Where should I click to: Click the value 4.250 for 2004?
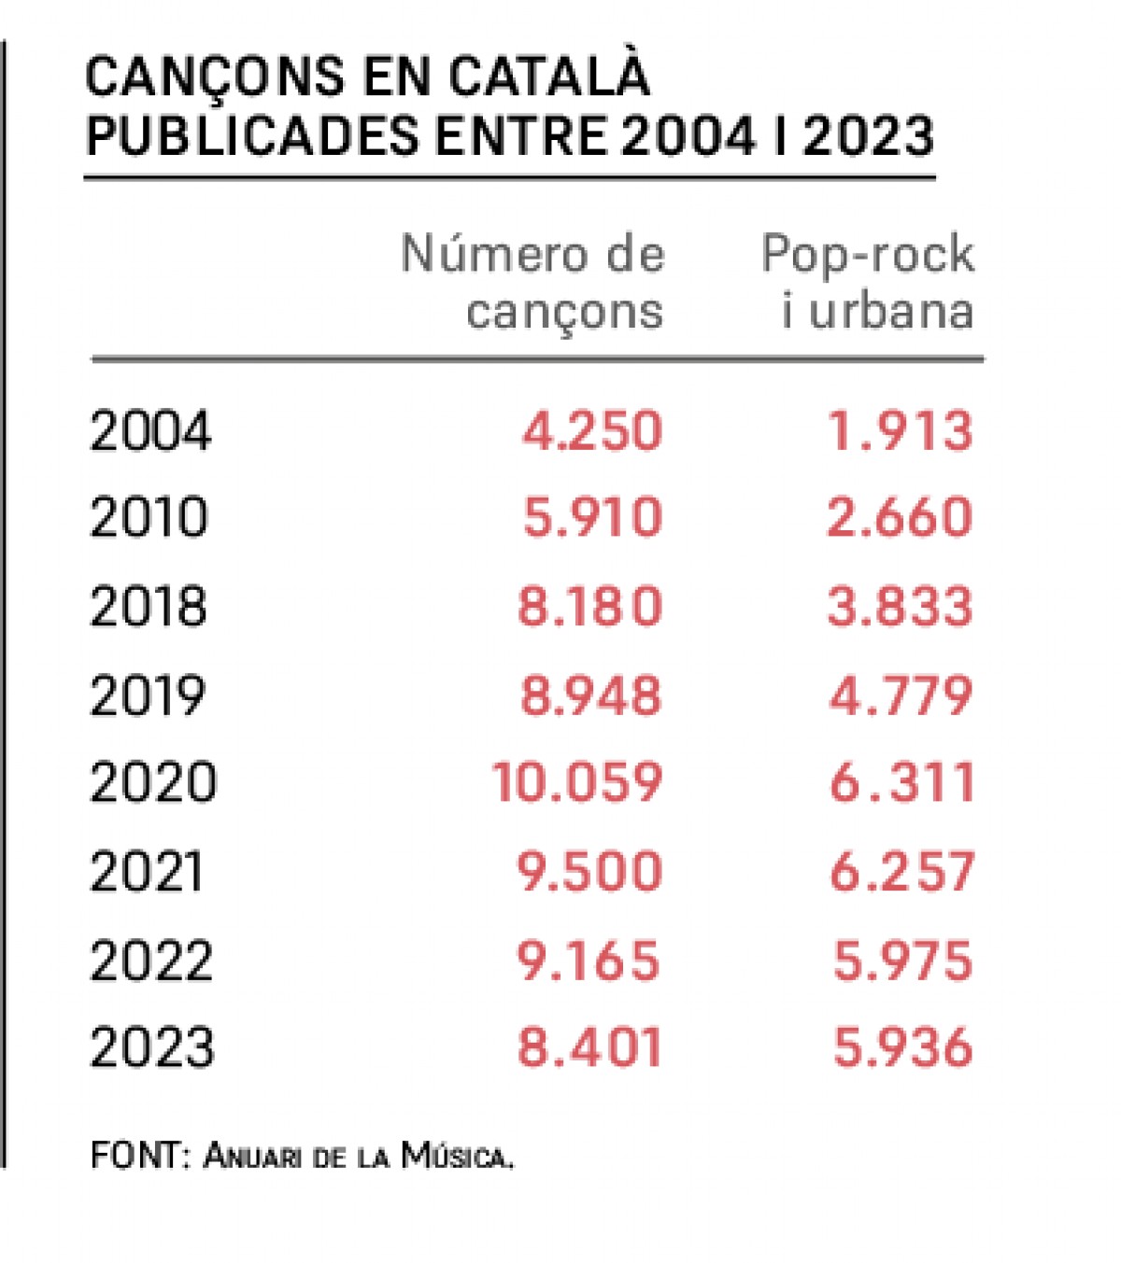591,431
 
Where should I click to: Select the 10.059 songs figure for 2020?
576,782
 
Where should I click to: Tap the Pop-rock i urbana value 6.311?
901,782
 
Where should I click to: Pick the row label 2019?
148,695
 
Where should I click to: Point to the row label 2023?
152,1046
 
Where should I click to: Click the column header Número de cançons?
532,282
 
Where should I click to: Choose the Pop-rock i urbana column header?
868,282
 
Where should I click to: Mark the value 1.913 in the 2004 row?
901,431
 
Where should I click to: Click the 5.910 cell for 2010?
592,517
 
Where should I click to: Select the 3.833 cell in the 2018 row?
900,606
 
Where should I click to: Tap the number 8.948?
590,695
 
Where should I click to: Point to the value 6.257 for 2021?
901,871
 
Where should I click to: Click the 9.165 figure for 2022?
589,961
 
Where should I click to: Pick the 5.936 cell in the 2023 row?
902,1046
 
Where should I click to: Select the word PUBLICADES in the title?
252,136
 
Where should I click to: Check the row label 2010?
149,517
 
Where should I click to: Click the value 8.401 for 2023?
589,1046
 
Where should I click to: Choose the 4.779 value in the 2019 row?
901,695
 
